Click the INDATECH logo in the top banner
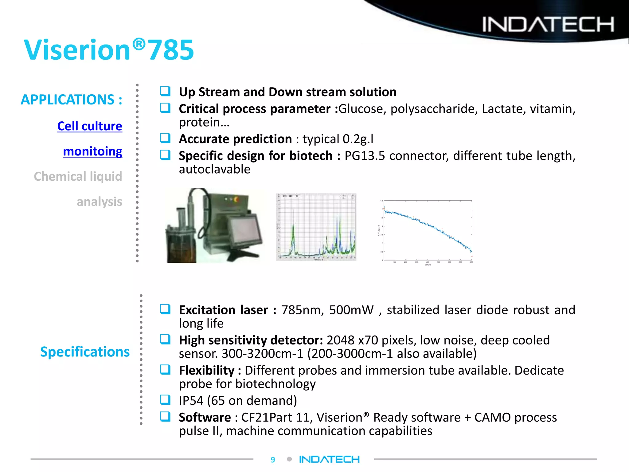pos(548,24)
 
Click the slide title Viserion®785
pos(109,50)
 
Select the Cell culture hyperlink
pos(90,126)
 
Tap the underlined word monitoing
pos(92,151)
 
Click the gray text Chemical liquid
pos(78,176)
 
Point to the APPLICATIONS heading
pos(71,100)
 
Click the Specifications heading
pos(85,352)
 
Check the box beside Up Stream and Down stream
pos(165,91)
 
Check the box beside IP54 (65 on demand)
pos(165,400)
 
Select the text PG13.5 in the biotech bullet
pos(364,156)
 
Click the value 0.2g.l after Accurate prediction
pos(358,139)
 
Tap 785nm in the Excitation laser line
pos(302,310)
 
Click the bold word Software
pos(205,417)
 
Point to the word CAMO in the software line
pos(492,417)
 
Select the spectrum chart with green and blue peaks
pos(316,227)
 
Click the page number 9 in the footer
pos(273,460)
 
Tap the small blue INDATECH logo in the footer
pos(329,459)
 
